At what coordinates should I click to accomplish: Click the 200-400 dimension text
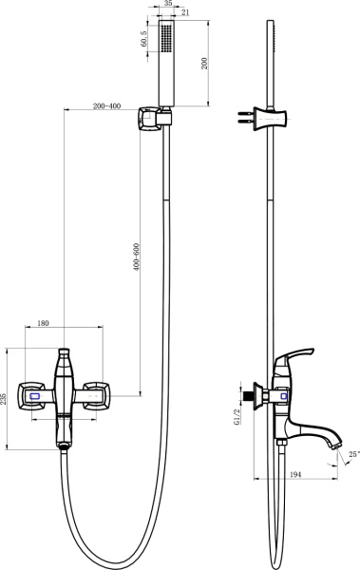105,106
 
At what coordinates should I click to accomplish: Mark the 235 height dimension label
7,397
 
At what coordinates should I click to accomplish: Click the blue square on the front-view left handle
36,397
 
